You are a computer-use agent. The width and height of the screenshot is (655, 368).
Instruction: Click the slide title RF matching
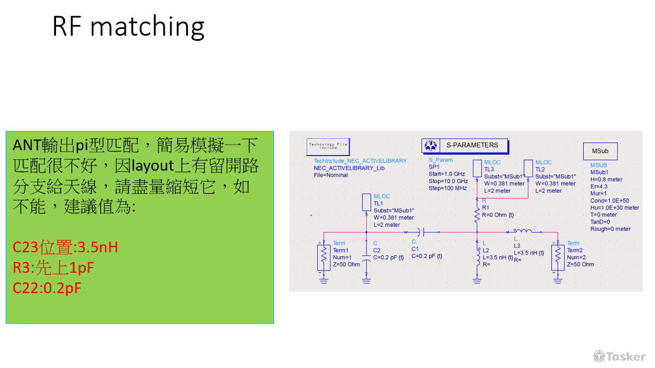click(x=128, y=27)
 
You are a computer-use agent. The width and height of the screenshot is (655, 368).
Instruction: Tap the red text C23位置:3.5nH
click(x=65, y=248)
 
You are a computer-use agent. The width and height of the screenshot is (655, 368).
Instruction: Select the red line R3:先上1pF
click(x=53, y=268)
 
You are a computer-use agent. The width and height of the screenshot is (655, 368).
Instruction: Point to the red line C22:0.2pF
click(x=47, y=287)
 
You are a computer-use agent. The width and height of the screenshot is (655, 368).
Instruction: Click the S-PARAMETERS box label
click(x=472, y=145)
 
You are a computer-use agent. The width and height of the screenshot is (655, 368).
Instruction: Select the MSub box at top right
click(x=600, y=151)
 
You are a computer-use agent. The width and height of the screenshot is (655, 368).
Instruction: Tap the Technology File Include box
click(x=328, y=146)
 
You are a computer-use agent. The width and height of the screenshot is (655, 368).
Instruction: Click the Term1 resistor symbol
click(x=323, y=257)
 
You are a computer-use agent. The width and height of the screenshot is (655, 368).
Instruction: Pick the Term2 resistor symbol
click(x=558, y=257)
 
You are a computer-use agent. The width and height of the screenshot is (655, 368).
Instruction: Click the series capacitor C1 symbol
click(x=420, y=232)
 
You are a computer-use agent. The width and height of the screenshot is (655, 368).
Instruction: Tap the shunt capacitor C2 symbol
click(x=366, y=256)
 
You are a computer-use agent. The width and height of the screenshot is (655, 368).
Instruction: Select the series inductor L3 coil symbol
click(x=522, y=231)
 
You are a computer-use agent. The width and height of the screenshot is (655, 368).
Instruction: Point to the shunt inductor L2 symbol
click(x=477, y=256)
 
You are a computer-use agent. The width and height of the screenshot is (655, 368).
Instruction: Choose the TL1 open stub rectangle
click(x=366, y=203)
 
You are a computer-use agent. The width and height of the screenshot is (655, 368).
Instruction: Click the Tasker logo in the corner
click(x=619, y=356)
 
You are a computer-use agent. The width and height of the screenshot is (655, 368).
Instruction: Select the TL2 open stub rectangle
click(x=529, y=168)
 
